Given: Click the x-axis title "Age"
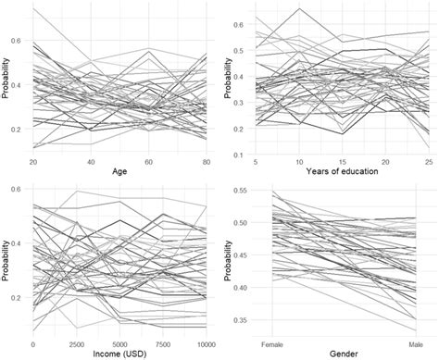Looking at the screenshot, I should point(119,170).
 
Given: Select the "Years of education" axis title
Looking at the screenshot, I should point(336,170).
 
